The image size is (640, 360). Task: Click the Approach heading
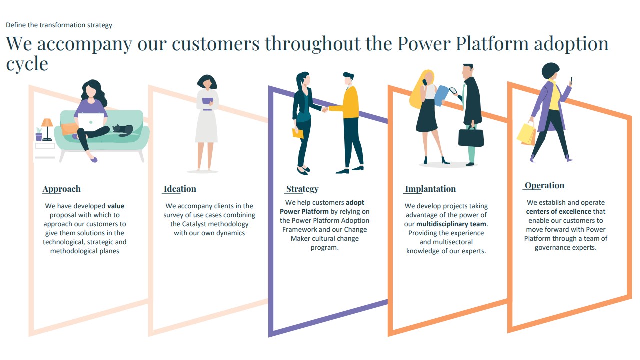click(61, 189)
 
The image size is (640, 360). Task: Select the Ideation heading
click(180, 189)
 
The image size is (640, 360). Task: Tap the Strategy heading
click(302, 189)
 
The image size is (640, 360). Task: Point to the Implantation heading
click(430, 189)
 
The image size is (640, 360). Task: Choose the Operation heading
click(545, 185)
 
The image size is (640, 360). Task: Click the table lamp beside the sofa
click(47, 129)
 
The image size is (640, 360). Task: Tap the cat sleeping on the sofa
click(123, 130)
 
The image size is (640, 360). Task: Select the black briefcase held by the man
click(471, 137)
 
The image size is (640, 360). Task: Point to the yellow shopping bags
click(526, 134)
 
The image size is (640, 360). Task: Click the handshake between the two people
click(325, 109)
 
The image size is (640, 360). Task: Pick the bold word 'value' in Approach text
click(116, 206)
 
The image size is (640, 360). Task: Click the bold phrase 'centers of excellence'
click(559, 211)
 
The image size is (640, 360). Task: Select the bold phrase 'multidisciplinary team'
click(451, 224)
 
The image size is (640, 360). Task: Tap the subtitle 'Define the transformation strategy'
click(59, 25)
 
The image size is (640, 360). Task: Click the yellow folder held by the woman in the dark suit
click(298, 133)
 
